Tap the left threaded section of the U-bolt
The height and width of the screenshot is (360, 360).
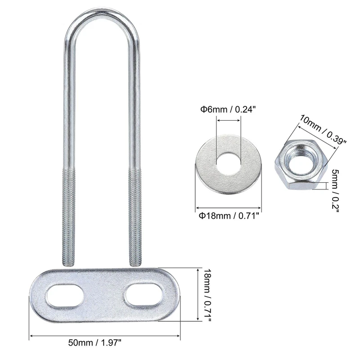tap(69, 217)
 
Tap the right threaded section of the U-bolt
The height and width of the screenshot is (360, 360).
tap(135, 217)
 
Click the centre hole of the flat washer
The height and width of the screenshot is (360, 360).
tap(229, 163)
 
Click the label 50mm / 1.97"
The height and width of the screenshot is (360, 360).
tap(94, 343)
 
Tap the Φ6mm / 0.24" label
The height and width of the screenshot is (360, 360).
tap(228, 109)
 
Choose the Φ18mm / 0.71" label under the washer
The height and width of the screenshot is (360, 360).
tap(229, 216)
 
